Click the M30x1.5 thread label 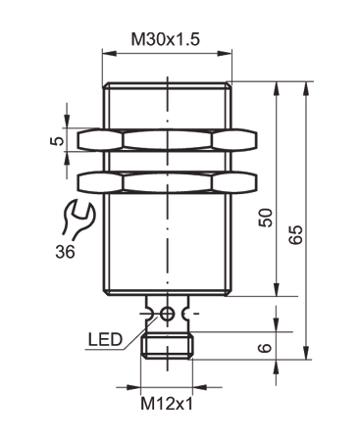(167, 42)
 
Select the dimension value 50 (264, 218)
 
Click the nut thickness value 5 (58, 141)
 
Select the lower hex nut (167, 181)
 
